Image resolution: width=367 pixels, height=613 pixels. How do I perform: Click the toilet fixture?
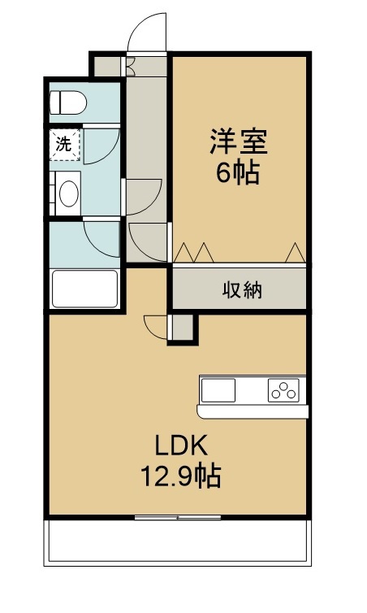pos(68,102)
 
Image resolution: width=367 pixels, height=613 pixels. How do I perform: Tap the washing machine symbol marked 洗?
pos(65,145)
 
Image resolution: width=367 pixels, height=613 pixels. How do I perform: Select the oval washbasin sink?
pos(69,193)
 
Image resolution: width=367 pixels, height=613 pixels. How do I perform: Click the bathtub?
pos(84,289)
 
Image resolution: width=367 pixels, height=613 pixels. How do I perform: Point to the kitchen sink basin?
pos(218,390)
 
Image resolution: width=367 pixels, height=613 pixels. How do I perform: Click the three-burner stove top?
pos(283,390)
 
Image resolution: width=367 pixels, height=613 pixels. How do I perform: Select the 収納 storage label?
pos(242,290)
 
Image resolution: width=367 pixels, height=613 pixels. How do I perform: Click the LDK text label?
pos(181,446)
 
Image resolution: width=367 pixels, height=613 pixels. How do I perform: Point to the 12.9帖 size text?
pos(181,476)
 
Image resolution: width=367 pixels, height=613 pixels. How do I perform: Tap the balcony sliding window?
pos(178,518)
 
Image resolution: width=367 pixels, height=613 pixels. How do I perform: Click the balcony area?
pos(178,542)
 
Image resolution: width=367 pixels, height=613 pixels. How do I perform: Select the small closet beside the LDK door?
pos(183,327)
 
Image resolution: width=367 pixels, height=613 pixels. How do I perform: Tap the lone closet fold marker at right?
pos(296,253)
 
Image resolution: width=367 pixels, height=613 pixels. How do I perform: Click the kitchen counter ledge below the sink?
pos(253,411)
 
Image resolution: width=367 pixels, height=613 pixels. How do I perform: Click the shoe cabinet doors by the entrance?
pos(130,67)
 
